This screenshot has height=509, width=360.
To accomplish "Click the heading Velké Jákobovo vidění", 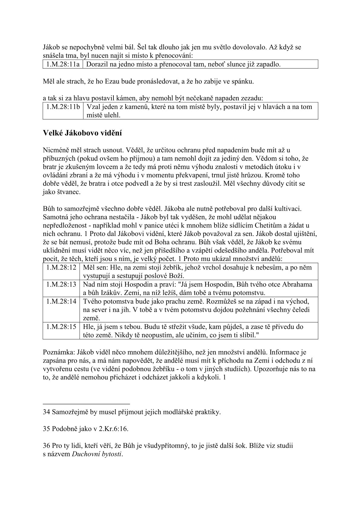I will (82, 133).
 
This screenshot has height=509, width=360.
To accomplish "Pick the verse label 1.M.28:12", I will (61, 268).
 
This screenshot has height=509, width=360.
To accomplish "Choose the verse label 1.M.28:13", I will (61, 284).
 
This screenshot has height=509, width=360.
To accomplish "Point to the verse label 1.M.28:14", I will (61, 302).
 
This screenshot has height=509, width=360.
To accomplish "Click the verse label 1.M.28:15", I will (61, 327).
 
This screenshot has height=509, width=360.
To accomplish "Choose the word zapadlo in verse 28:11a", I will (270, 64).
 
